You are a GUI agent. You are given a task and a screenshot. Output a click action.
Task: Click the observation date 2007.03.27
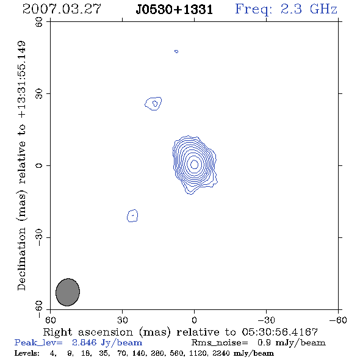point(62,9)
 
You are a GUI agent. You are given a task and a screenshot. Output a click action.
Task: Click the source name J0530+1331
point(175,10)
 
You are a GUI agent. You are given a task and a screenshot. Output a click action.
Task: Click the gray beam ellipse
point(68,292)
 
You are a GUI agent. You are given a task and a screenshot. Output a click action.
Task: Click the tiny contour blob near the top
point(176,51)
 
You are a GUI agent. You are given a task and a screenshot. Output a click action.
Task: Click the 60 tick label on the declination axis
point(39,22)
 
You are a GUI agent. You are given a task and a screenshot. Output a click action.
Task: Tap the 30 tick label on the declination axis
point(39,94)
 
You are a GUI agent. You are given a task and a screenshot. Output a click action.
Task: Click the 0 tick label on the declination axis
point(39,165)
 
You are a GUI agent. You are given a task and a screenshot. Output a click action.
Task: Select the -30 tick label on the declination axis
point(39,237)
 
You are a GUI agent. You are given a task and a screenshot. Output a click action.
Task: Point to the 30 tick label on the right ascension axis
point(123,320)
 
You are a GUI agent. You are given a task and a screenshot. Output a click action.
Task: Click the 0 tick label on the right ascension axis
point(194,320)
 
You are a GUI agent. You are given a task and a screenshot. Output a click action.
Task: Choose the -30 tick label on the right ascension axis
point(266,320)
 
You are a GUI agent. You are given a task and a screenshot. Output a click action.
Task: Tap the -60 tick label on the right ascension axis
point(338,320)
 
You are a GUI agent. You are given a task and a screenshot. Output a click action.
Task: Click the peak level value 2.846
point(84,342)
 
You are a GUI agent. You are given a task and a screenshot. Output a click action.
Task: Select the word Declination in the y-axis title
point(21,259)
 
